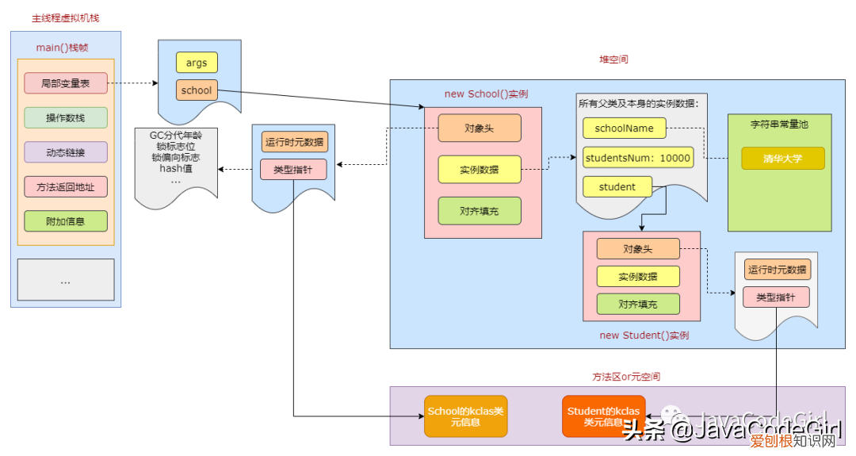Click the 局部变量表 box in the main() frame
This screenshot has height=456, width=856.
click(65, 82)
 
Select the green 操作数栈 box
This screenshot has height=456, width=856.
click(65, 117)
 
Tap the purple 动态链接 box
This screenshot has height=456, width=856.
click(65, 151)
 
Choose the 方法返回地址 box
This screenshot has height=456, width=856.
click(65, 186)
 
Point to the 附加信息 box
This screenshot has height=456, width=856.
click(65, 221)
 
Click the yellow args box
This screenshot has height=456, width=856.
click(197, 63)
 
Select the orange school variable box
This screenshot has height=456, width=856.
click(197, 90)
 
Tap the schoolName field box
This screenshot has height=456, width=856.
click(624, 128)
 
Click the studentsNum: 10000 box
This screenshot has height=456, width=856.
click(637, 158)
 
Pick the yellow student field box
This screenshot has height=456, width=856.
click(617, 187)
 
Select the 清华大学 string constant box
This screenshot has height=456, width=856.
click(782, 159)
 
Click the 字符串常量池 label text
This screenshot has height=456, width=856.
click(779, 125)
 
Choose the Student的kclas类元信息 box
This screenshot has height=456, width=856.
click(603, 416)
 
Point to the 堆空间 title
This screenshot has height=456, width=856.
click(613, 59)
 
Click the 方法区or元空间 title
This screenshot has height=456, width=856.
click(625, 377)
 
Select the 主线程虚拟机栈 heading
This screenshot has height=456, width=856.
click(65, 17)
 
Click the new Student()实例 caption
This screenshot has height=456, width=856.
click(644, 335)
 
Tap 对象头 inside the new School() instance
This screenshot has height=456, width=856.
click(479, 128)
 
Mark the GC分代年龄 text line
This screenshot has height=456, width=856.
click(176, 136)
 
